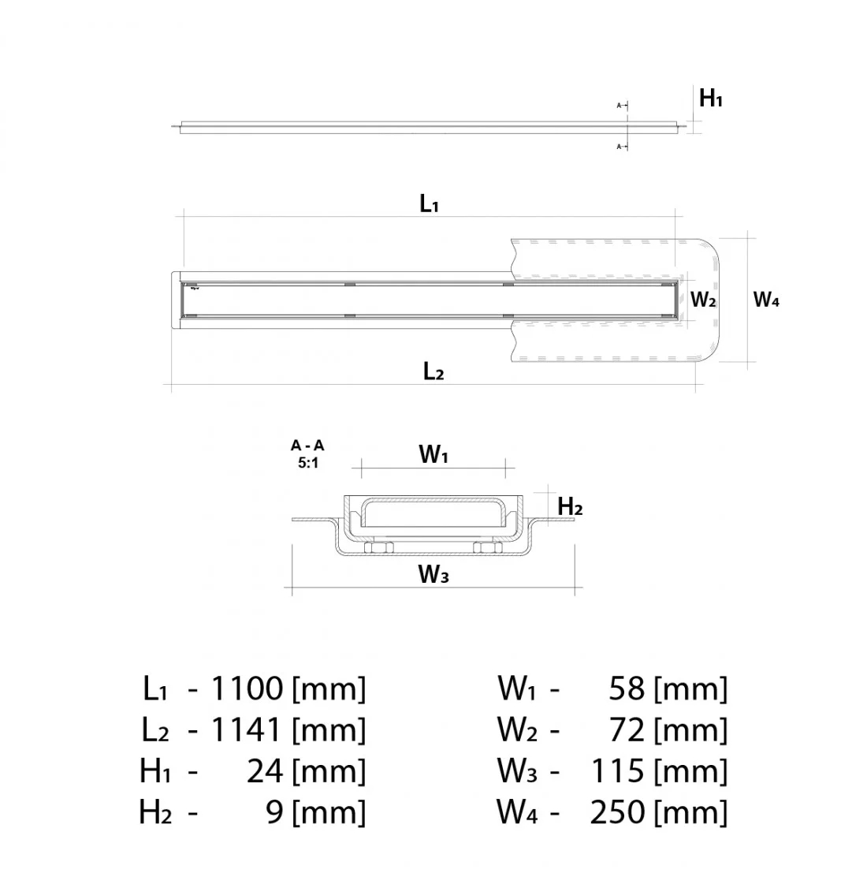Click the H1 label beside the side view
(x=711, y=99)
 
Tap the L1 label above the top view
(x=429, y=203)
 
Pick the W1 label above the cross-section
(x=433, y=454)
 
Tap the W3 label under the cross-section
(x=433, y=573)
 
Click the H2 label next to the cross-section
(x=570, y=506)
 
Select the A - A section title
(x=307, y=446)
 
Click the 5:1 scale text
(x=308, y=463)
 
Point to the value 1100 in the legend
(x=247, y=688)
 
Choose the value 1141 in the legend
(x=246, y=729)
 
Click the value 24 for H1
(x=265, y=770)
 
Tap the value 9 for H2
(x=274, y=812)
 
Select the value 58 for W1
(x=627, y=688)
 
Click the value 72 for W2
(x=627, y=729)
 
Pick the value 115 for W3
(x=618, y=770)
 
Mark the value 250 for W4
(x=617, y=812)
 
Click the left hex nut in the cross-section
(x=379, y=547)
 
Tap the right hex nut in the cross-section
(x=488, y=547)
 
